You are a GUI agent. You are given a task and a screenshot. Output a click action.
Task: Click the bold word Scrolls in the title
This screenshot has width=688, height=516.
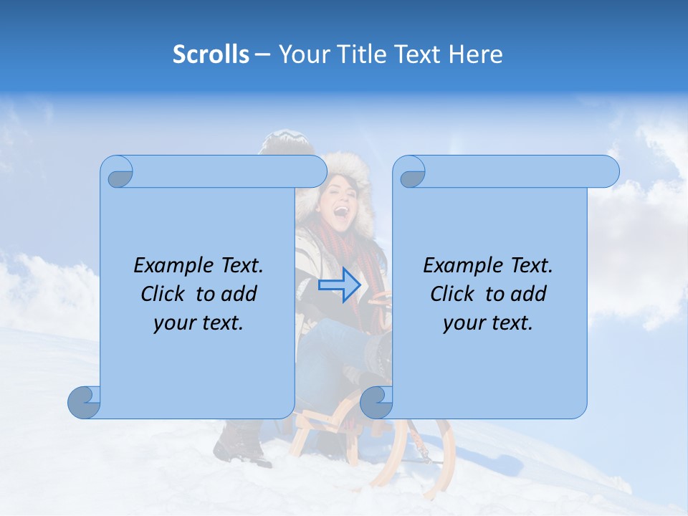(211, 54)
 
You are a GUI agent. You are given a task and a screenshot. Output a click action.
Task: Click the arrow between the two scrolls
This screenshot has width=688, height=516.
(339, 285)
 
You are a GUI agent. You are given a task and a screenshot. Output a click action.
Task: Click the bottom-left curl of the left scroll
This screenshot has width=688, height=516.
(85, 403)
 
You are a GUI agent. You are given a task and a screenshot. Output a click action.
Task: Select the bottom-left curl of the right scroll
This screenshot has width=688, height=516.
(376, 403)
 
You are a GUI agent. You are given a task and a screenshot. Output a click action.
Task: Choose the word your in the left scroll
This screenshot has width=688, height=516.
(173, 322)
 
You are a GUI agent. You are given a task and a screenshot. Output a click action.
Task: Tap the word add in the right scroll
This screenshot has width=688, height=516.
(528, 294)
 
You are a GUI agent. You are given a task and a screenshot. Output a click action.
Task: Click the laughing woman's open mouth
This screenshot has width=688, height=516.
(341, 211)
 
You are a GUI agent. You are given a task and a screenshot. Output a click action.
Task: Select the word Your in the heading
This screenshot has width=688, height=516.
(300, 54)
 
